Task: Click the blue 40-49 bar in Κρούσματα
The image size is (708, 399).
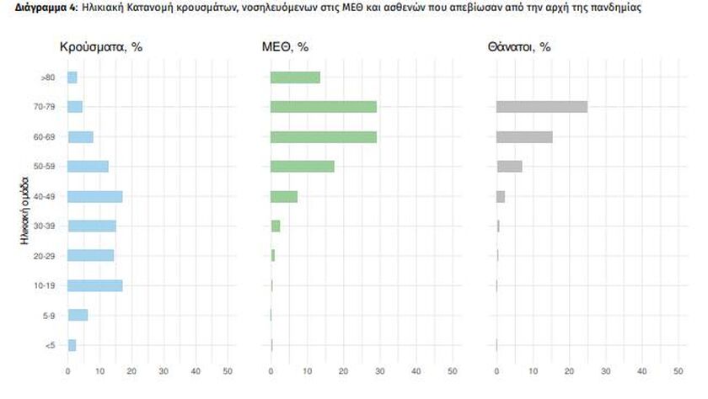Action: point(94,196)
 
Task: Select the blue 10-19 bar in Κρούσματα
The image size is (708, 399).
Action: point(94,285)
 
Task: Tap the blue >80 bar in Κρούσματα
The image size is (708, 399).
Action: point(72,77)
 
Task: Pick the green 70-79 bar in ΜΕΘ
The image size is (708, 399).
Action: point(323,107)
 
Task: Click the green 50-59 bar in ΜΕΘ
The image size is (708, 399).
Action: point(302,166)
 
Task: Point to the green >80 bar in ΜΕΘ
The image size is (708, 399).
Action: point(295,77)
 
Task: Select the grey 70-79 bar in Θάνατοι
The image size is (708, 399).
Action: point(541,107)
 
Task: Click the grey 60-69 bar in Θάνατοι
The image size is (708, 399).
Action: point(524,136)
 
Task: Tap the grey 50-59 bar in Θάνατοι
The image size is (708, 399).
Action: point(509,166)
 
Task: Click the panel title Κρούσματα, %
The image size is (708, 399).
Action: point(100,47)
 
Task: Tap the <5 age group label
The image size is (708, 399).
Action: point(50,345)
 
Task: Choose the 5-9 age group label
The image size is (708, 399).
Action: point(50,315)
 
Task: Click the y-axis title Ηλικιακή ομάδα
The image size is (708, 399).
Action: point(25,210)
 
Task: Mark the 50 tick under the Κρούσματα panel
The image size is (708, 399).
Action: point(228,370)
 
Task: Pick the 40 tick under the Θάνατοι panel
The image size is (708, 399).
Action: point(642,370)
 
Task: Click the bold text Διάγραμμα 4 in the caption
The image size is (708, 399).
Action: point(40,7)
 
